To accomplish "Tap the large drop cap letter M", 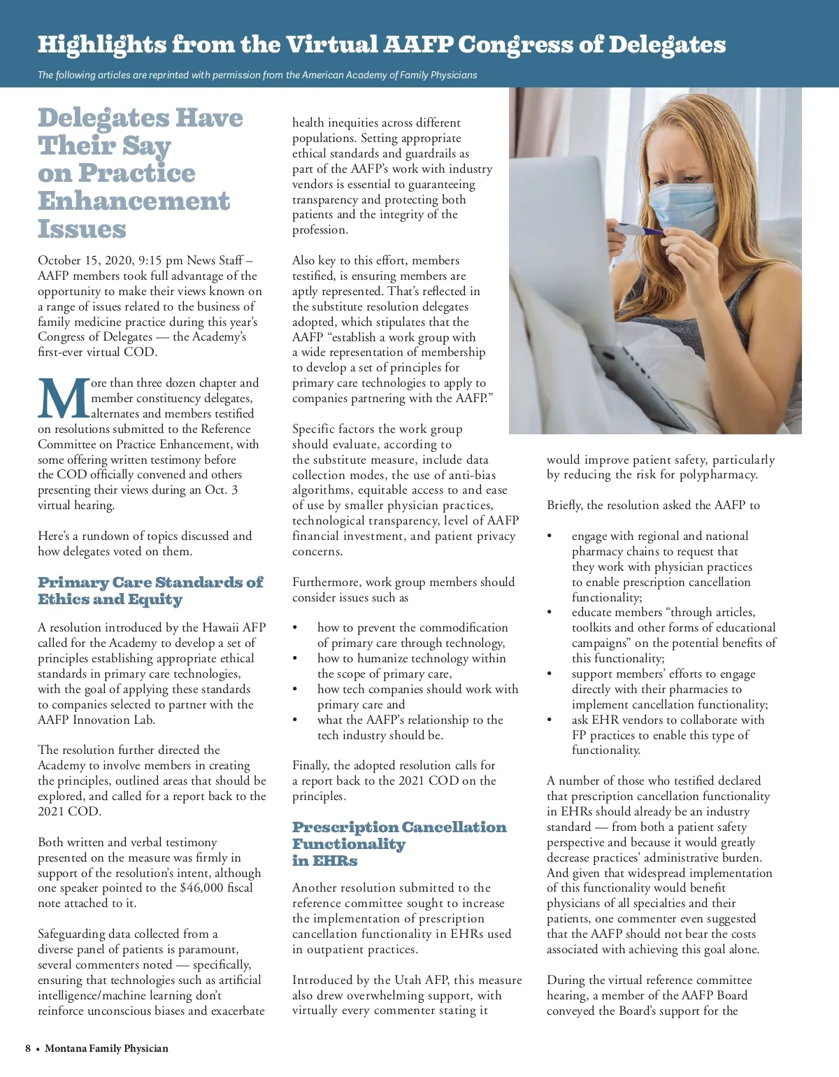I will click(63, 400).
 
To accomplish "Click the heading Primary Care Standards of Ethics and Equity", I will click(150, 590).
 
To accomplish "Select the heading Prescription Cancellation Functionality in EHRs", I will click(399, 843).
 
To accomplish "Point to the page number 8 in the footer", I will click(28, 1048).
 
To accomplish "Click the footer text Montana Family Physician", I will click(106, 1048).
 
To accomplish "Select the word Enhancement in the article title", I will click(134, 201).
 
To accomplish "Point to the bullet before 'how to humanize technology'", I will click(296, 658).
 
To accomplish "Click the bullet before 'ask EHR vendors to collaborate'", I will click(550, 720).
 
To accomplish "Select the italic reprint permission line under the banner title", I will click(257, 75).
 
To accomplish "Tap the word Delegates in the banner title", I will click(667, 45).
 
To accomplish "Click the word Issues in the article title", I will click(82, 229).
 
